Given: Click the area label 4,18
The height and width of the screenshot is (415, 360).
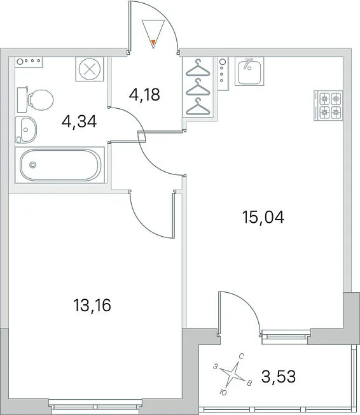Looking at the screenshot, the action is [144, 94].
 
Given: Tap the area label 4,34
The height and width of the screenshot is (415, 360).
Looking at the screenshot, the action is [79, 122].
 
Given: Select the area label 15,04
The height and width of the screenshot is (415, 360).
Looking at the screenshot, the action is [263, 217].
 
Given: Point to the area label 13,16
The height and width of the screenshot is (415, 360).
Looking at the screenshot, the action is [92, 306].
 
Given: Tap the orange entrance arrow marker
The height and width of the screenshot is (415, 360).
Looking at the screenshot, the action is [153, 42].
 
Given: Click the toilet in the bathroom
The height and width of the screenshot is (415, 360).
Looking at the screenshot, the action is [35, 99].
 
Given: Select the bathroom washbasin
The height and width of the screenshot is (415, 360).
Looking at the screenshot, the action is [25, 130].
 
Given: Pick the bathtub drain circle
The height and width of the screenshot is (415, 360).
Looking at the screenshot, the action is [32, 165].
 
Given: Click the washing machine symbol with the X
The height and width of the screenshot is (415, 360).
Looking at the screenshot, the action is [90, 69].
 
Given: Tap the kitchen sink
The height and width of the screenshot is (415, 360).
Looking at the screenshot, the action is [249, 71].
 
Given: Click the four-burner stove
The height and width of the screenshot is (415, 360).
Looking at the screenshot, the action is [328, 106].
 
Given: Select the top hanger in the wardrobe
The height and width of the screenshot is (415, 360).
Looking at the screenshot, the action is [198, 68].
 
